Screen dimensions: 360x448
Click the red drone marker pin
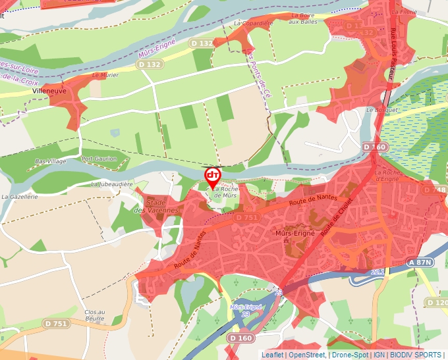tap(212, 176)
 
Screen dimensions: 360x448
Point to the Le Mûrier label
tap(105, 75)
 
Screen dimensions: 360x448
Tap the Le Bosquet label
tap(380, 110)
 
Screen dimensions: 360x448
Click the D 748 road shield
tap(435, 190)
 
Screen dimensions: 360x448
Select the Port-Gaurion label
tap(99, 159)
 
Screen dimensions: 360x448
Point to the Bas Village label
tap(50, 161)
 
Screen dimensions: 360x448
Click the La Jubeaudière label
tap(111, 184)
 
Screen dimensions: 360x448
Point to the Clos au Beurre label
tap(94, 315)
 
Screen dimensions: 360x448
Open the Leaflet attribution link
tap(272, 355)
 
